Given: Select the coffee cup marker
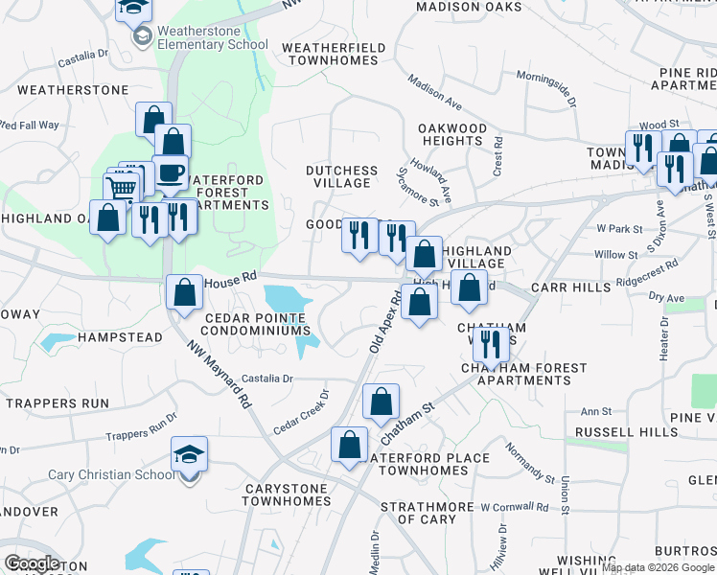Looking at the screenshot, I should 171,172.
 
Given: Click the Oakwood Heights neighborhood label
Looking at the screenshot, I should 453,134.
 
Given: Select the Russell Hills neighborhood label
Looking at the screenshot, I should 634,432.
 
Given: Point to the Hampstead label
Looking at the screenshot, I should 121,338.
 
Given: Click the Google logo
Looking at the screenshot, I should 33,563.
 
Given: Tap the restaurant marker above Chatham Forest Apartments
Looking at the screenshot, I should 490,344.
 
